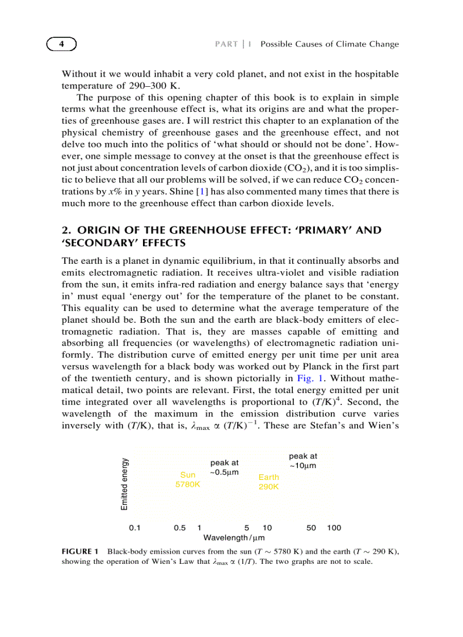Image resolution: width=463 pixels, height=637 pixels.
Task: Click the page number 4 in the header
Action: [x=61, y=44]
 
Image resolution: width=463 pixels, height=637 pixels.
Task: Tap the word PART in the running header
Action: [x=226, y=44]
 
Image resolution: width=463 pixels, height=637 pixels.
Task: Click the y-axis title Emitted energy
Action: [x=124, y=483]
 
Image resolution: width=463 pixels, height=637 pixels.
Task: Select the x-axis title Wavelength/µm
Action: [x=234, y=537]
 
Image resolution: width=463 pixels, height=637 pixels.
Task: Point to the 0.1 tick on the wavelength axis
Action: [x=135, y=528]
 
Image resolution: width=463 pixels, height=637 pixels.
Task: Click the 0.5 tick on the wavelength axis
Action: [x=180, y=528]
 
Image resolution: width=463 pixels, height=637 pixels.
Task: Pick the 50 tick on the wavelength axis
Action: [x=311, y=528]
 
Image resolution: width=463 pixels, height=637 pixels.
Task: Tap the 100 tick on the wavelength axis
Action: [x=334, y=528]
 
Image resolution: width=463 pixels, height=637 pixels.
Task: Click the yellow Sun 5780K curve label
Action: [x=187, y=479]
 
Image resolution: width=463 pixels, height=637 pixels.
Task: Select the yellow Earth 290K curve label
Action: [x=268, y=482]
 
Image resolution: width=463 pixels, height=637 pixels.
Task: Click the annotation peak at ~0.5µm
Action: [x=224, y=467]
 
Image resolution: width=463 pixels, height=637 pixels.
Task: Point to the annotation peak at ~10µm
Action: [x=302, y=461]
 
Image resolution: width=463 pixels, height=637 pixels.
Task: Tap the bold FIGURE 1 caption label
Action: [x=80, y=551]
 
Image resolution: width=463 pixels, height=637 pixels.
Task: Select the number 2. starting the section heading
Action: [x=65, y=230]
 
